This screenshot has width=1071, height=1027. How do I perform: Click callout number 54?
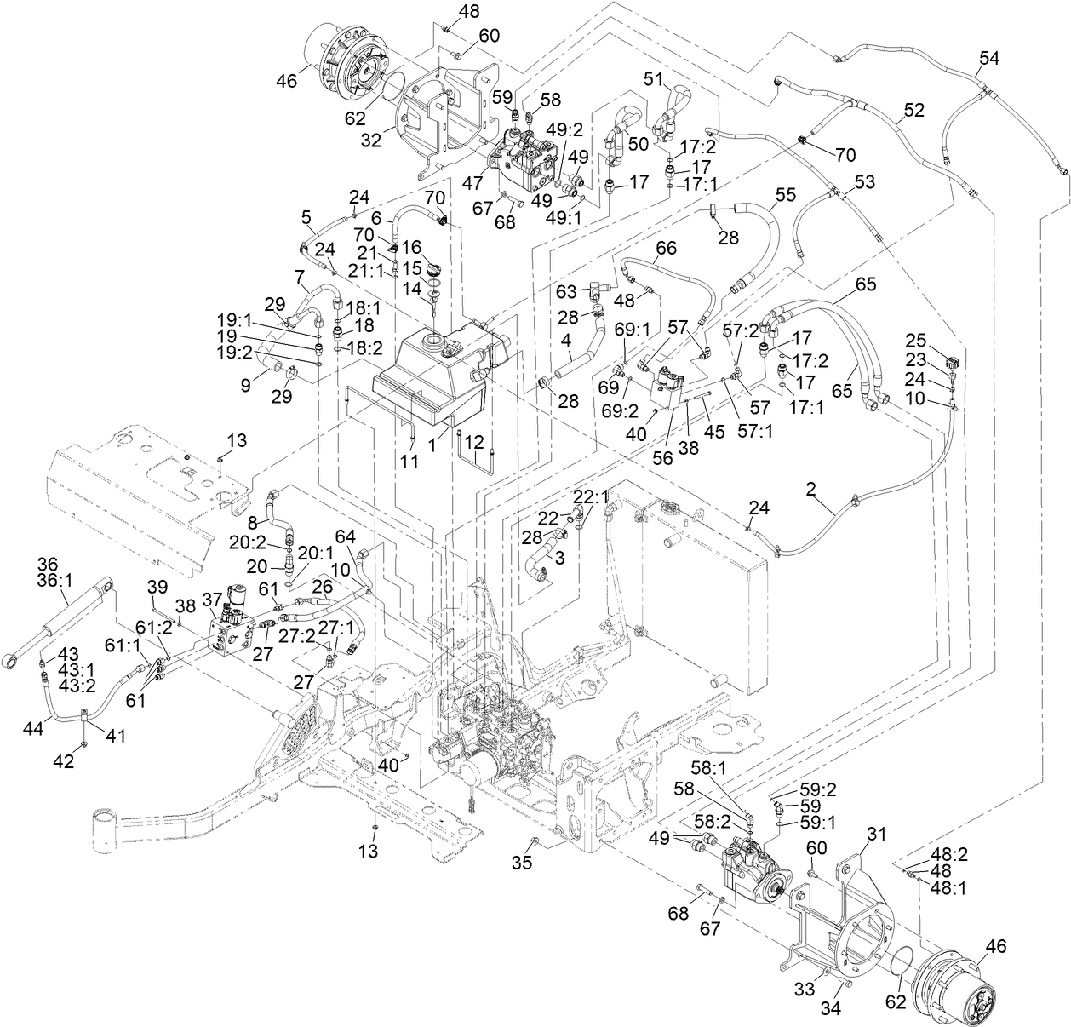click(x=988, y=58)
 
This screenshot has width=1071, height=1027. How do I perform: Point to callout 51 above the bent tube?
click(x=653, y=78)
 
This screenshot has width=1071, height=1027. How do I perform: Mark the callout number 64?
click(x=345, y=536)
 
